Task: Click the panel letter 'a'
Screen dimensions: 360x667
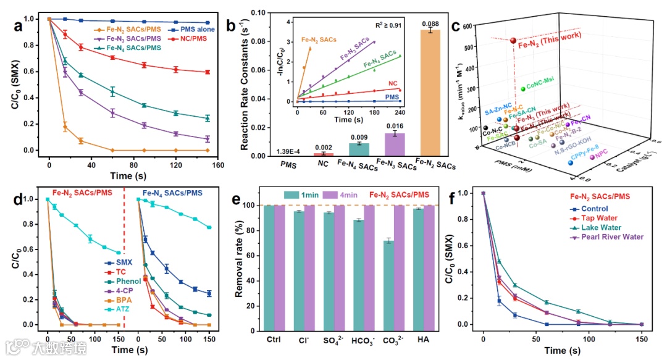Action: [20, 26]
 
